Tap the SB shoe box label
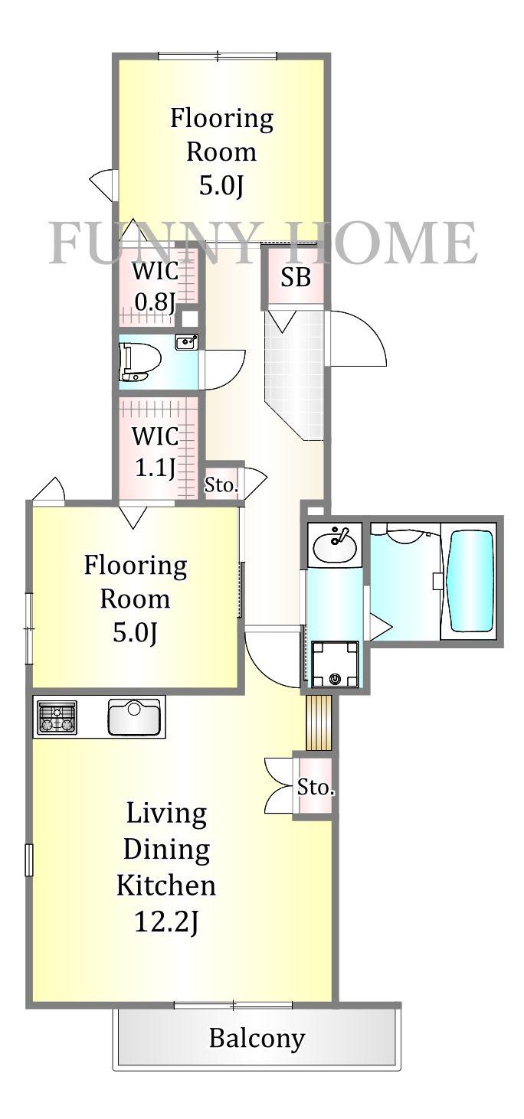click(x=296, y=277)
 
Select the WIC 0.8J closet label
click(x=155, y=286)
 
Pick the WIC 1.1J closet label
click(x=155, y=452)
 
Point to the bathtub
click(x=471, y=580)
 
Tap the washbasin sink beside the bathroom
click(x=335, y=544)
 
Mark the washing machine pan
click(x=335, y=664)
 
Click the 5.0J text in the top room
click(x=221, y=185)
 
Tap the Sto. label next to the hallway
click(x=221, y=484)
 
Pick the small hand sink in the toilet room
click(x=186, y=342)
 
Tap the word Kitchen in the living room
click(x=166, y=885)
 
